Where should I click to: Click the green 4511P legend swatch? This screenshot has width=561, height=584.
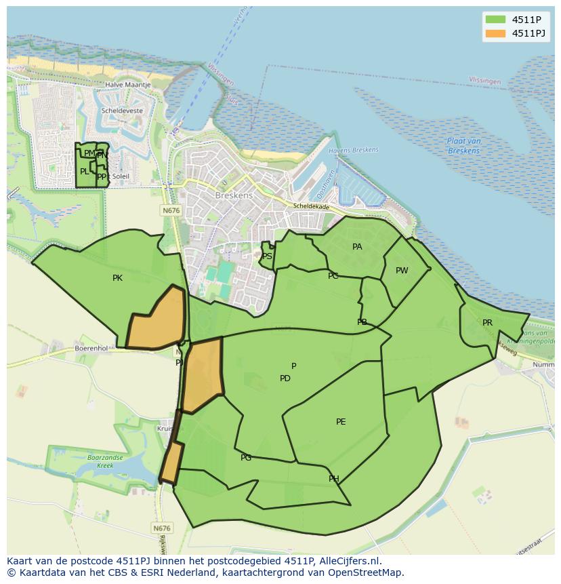click(x=495, y=19)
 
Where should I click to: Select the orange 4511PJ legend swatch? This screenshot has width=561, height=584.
click(x=495, y=33)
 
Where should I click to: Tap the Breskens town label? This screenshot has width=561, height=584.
click(x=233, y=195)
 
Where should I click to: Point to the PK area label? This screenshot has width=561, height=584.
click(x=117, y=277)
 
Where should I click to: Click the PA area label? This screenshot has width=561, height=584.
click(x=357, y=247)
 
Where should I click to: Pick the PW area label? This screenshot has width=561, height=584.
click(x=402, y=271)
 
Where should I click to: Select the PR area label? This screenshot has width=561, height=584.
click(x=487, y=323)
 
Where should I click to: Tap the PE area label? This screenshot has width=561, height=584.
click(x=341, y=422)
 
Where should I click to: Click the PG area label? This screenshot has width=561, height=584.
click(x=246, y=458)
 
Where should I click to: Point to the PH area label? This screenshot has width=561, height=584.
click(x=334, y=479)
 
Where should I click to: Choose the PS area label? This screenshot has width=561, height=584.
click(x=267, y=256)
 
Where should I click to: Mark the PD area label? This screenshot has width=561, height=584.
click(x=285, y=378)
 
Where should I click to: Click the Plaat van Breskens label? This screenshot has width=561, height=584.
click(x=464, y=146)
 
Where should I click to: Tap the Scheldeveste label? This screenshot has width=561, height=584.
click(x=121, y=110)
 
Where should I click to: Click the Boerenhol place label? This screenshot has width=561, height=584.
click(x=91, y=348)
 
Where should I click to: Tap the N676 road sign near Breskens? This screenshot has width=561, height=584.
click(x=171, y=211)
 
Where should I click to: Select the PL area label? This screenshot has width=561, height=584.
click(x=84, y=172)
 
